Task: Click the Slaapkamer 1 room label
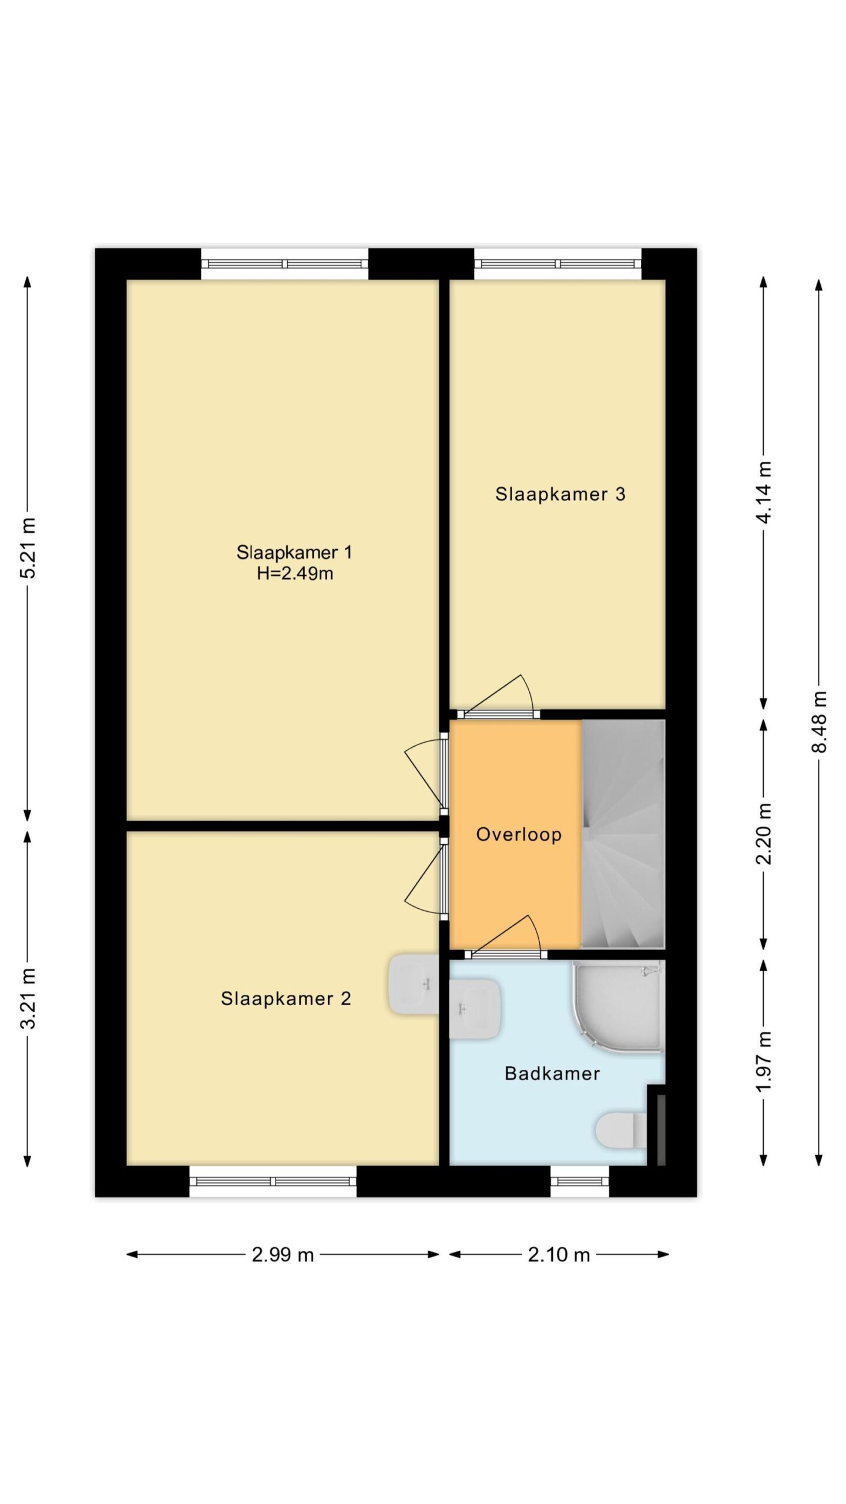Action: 294,552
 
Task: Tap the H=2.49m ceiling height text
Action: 295,573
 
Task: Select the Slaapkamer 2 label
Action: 286,999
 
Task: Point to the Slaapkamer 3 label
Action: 560,494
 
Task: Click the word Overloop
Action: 519,835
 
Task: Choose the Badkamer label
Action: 552,1074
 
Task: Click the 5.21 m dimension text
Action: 28,548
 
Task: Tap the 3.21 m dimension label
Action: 28,998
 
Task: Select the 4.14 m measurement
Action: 764,492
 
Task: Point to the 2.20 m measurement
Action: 764,834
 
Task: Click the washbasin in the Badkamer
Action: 475,1009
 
